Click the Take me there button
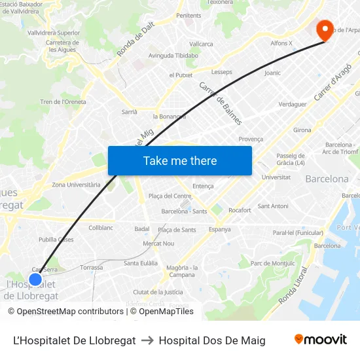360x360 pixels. point(180,160)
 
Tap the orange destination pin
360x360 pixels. point(325,30)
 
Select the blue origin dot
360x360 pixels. point(35,279)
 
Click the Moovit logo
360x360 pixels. point(320,340)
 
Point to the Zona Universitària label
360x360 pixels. point(76,185)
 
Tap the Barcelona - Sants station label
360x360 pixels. point(184,211)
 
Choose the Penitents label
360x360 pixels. point(189,16)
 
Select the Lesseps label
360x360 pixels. point(222,72)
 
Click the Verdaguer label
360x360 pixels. point(293,104)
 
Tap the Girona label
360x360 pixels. point(302,130)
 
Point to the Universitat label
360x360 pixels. point(276,177)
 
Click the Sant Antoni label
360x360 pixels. point(273,206)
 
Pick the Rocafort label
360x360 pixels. point(240,210)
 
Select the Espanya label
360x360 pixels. point(219,229)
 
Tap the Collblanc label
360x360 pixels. point(101,227)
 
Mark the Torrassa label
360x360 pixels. point(91,267)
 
